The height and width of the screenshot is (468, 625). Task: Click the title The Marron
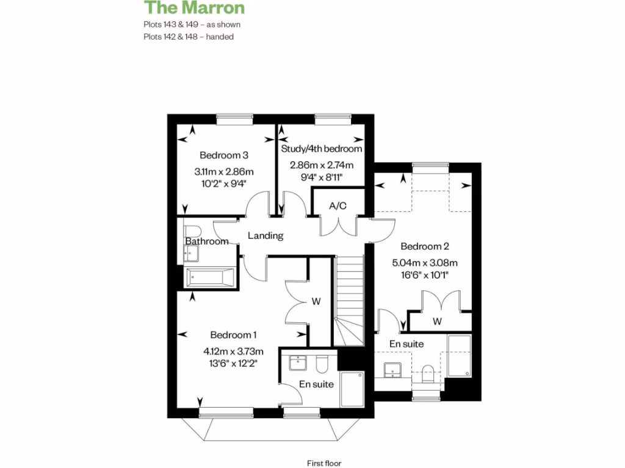coord(194,8)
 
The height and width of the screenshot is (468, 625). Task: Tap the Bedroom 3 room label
coord(224,155)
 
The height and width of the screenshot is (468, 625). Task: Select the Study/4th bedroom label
coord(322,149)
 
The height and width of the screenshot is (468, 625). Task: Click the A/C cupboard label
coord(338,206)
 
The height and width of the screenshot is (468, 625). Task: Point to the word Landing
coord(266,236)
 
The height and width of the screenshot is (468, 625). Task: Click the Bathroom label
coord(207,241)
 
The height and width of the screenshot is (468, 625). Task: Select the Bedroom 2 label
coord(425,247)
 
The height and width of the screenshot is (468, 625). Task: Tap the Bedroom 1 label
coord(234,335)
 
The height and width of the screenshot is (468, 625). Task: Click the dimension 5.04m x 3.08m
coord(425,263)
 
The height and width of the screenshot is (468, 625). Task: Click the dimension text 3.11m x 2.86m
coord(224,171)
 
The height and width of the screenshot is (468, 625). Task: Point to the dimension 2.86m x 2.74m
coord(322,165)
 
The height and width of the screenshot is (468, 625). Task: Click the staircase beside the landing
coord(350,292)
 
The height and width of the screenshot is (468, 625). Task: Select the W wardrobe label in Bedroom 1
coord(316,301)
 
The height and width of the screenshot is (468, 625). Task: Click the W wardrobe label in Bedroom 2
coord(438,321)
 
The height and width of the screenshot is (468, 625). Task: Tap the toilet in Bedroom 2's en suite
coord(428,373)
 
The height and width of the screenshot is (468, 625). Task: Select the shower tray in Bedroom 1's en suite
coord(352,388)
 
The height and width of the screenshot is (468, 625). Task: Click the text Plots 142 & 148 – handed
coord(189,37)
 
